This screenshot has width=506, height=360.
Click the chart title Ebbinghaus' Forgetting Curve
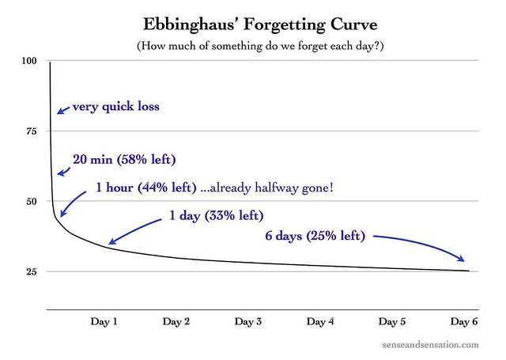(253, 21)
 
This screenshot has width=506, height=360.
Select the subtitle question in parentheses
(253, 45)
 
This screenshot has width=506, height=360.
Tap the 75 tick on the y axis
(30, 131)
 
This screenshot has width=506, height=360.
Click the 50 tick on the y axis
(30, 201)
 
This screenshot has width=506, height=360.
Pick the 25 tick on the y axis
(30, 271)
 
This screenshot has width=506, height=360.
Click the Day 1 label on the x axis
(104, 321)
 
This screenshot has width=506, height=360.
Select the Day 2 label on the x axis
(176, 321)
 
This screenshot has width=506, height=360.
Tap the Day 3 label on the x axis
(248, 321)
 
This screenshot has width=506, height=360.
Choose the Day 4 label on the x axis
(320, 321)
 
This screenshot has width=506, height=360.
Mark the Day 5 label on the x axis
(392, 321)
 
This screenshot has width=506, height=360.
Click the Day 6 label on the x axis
(464, 321)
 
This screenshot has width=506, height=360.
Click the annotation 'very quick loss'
(115, 106)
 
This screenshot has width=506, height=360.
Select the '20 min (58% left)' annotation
(124, 159)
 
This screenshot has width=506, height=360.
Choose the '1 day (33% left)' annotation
(216, 216)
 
